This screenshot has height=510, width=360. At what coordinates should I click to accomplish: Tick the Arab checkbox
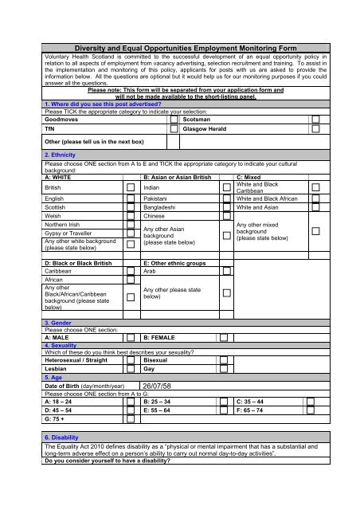click(226, 270)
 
